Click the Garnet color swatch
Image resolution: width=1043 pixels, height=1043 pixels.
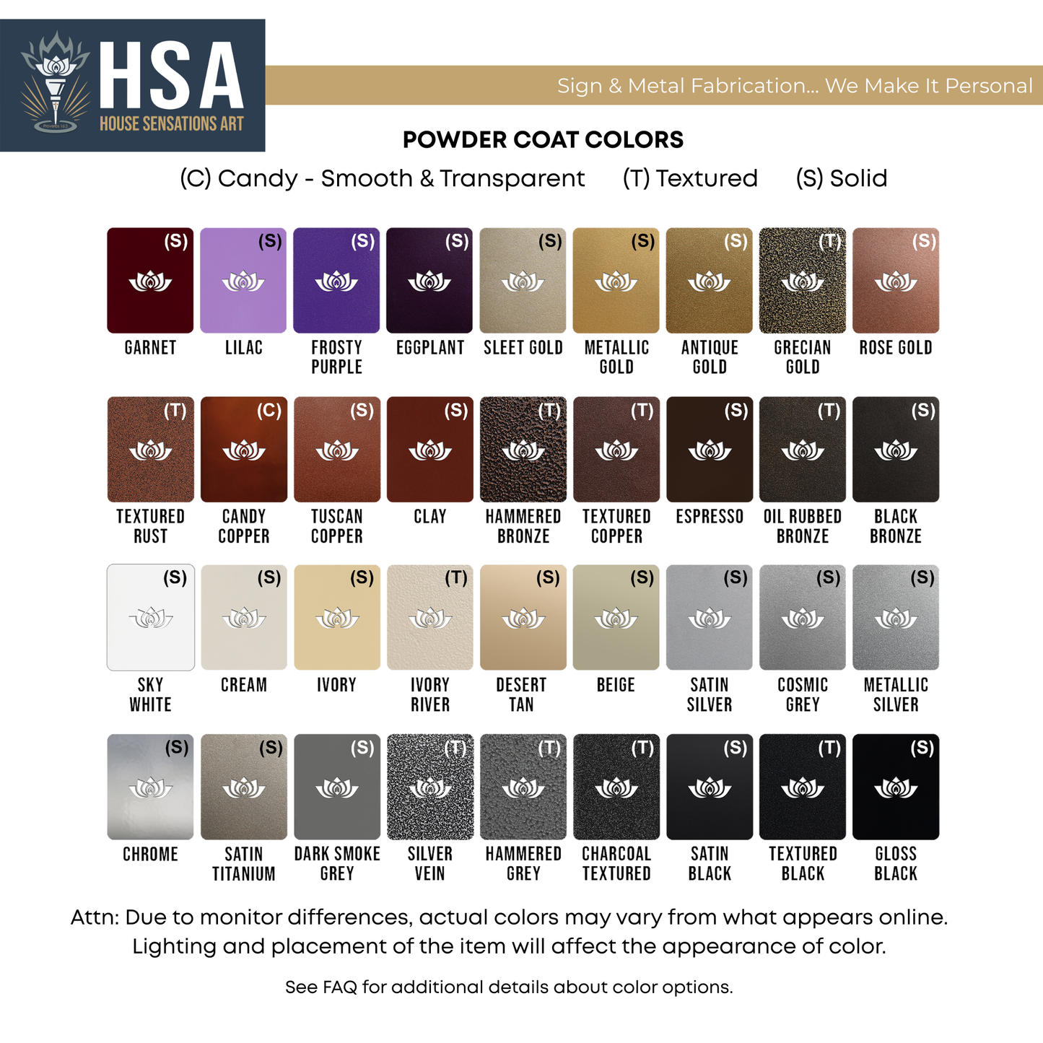point(150,281)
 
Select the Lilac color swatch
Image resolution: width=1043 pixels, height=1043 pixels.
point(243,281)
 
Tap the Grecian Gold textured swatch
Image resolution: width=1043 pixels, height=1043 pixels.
point(803,281)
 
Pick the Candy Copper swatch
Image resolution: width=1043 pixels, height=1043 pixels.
point(243,449)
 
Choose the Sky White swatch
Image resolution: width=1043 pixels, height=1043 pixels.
point(150,617)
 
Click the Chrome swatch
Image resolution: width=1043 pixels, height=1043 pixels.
point(150,787)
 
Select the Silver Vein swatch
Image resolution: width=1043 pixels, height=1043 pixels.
point(429,787)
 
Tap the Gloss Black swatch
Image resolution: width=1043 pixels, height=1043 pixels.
point(896,787)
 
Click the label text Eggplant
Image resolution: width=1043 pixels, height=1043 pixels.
point(430,348)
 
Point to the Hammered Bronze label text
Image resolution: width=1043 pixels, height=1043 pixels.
point(523,526)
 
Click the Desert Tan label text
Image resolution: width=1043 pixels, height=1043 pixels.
point(521,694)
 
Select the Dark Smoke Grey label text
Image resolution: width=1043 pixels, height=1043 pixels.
point(337,863)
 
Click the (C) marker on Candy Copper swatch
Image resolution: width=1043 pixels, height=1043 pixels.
point(269,411)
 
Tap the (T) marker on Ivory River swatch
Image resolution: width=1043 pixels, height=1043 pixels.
point(455,577)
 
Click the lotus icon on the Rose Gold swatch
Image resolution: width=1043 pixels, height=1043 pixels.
point(896,281)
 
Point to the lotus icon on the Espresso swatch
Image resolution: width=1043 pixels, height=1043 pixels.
point(710,451)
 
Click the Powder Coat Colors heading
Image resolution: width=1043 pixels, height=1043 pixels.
point(543,140)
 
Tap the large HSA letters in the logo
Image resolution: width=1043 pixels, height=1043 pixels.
point(172,76)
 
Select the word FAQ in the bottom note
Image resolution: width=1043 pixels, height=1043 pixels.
point(340,987)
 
